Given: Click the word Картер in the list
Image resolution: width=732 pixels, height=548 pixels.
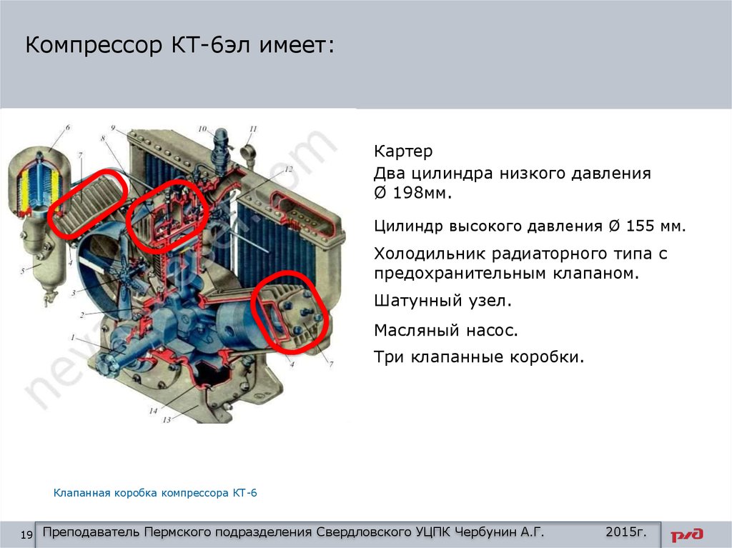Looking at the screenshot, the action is (x=403, y=151).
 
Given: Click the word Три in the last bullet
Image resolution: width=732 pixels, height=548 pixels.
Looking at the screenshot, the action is (x=388, y=357).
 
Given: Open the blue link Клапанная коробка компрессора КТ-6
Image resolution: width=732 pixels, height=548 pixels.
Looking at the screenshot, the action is (x=155, y=493).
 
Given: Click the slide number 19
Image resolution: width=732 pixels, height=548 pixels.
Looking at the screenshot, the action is (x=26, y=535).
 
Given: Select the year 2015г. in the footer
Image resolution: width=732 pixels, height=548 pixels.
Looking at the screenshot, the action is (x=626, y=532).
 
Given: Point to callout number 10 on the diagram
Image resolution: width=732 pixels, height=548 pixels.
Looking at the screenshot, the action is (x=202, y=129).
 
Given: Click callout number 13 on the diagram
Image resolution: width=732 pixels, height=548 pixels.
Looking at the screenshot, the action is (x=166, y=419).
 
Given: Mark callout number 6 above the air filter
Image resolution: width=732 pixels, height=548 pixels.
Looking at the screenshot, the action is (x=68, y=127).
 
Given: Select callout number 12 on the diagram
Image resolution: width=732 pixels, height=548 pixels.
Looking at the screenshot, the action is (x=289, y=169).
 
